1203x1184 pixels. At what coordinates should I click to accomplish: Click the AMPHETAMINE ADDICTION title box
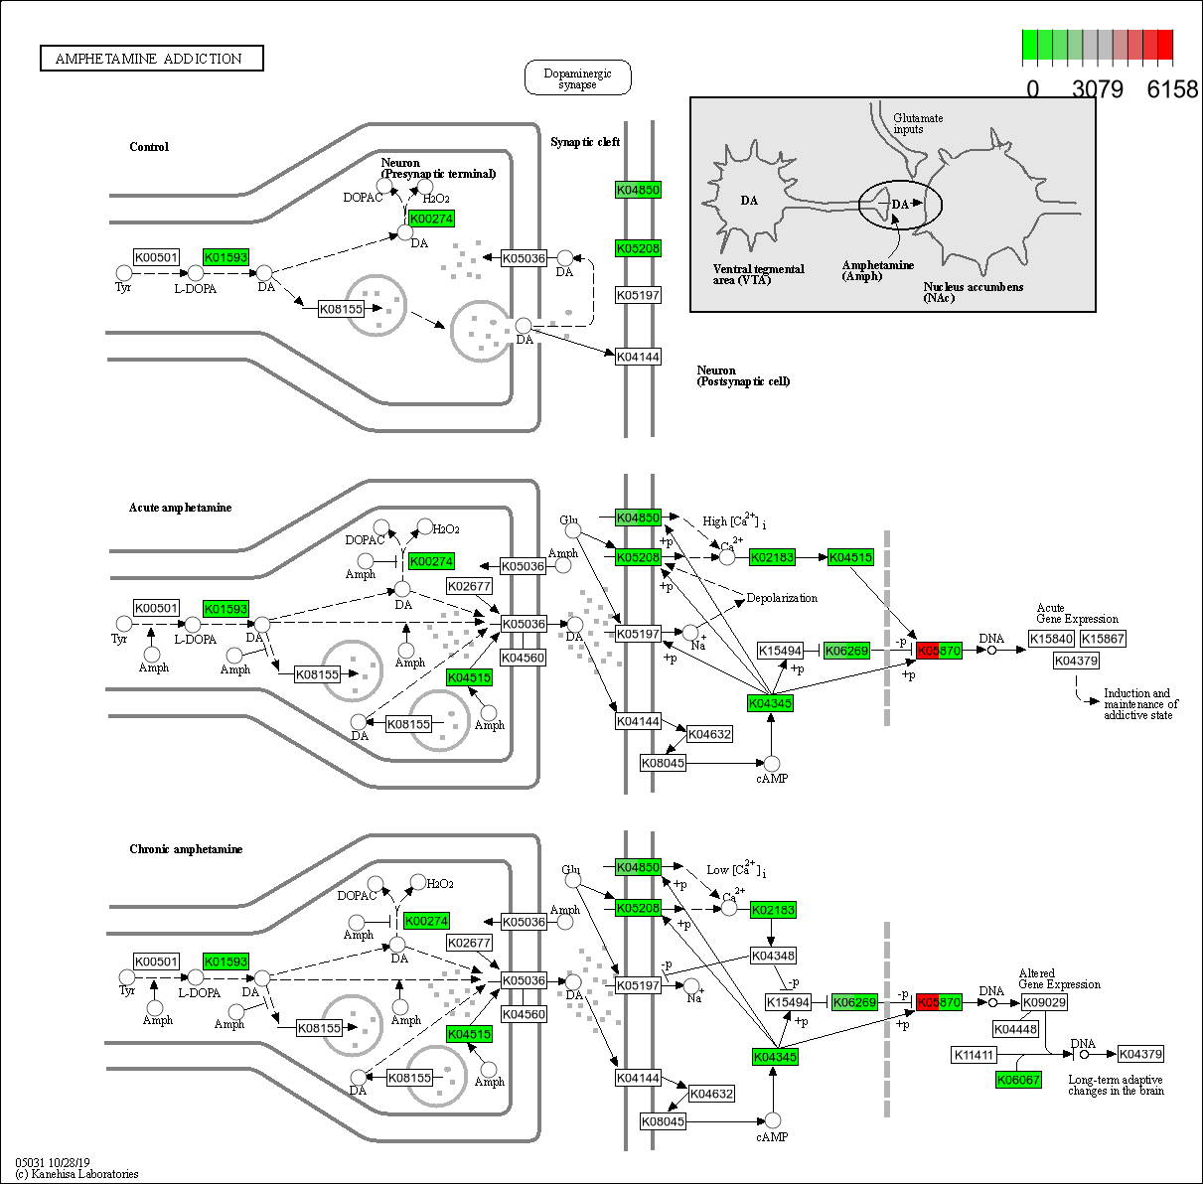point(151,59)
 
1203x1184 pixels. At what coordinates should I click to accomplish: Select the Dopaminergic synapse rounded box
point(577,78)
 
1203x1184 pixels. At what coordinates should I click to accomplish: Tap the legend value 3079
point(1098,89)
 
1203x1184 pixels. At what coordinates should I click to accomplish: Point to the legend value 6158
point(1172,89)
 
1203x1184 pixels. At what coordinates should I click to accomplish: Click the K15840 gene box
point(1051,639)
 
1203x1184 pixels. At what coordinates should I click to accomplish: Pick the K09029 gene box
point(1044,1002)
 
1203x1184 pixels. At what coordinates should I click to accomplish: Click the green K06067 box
point(1018,1080)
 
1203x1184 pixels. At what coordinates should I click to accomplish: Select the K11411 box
point(974,1054)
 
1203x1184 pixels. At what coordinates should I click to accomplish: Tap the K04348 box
point(773,956)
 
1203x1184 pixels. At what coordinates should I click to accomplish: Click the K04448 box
point(1015,1029)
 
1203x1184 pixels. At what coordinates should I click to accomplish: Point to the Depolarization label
point(782,598)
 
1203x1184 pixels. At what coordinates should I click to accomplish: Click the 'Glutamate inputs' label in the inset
point(917,123)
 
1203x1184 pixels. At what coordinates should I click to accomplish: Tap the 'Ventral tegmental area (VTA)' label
point(758,274)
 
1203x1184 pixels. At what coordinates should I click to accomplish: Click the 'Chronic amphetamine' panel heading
point(186,849)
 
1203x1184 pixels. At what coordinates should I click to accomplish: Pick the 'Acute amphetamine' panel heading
point(180,508)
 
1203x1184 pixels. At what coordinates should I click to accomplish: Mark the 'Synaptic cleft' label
point(585,142)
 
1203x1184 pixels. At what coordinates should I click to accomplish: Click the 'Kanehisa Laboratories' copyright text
point(76,1174)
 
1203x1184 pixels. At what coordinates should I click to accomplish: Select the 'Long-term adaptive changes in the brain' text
point(1116,1085)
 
